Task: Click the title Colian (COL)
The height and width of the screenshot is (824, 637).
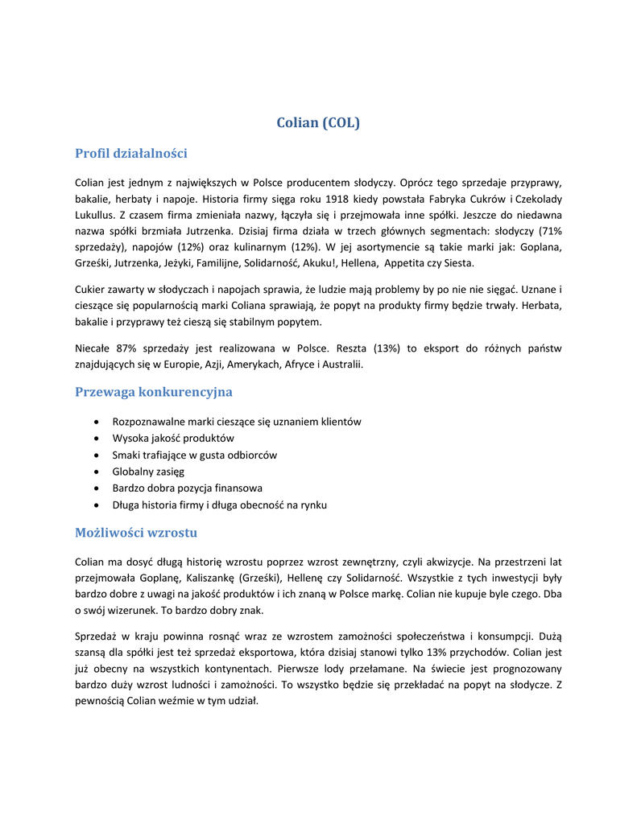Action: click(x=318, y=123)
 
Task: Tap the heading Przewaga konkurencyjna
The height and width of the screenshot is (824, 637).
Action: click(x=154, y=392)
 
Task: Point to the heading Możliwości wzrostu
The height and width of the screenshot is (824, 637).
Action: click(x=136, y=533)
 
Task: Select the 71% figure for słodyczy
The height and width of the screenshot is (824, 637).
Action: click(x=549, y=231)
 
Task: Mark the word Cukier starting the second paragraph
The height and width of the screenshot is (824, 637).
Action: click(x=90, y=288)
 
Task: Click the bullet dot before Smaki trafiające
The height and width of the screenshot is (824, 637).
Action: click(x=97, y=455)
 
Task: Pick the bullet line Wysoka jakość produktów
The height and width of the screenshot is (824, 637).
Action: click(x=173, y=439)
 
